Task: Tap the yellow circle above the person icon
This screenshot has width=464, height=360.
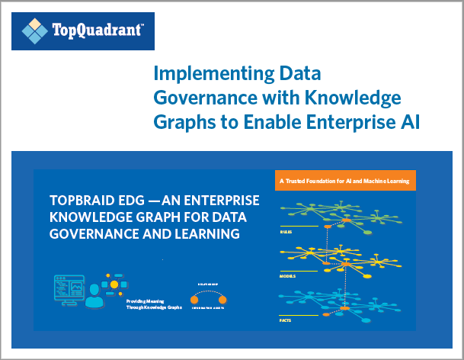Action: click(x=114, y=284)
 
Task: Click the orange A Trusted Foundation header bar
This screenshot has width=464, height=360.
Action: click(x=344, y=181)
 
